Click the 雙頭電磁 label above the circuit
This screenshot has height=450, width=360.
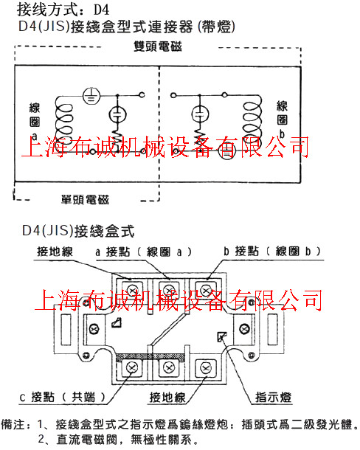158,46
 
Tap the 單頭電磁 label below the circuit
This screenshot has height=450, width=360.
85,199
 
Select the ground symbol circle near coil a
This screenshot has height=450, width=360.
91,96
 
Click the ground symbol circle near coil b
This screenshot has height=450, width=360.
226,150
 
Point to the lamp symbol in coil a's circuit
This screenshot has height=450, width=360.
118,114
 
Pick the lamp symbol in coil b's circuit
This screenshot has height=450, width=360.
200,114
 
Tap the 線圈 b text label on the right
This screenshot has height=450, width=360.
282,120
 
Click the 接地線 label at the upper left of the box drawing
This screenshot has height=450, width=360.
55,252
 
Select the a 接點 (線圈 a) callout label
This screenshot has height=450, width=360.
143,252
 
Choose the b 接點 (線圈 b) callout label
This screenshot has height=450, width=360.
272,252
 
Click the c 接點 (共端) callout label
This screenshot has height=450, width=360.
63,397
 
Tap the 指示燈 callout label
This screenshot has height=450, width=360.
273,398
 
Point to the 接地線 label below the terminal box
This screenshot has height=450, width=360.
167,398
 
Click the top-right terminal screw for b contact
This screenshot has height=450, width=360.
206,291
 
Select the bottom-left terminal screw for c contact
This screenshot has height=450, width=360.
132,367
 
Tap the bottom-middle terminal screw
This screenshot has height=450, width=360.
169,367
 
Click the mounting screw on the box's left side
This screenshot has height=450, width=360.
94,329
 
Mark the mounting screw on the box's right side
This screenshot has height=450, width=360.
244,329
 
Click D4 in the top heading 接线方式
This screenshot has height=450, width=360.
102,10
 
